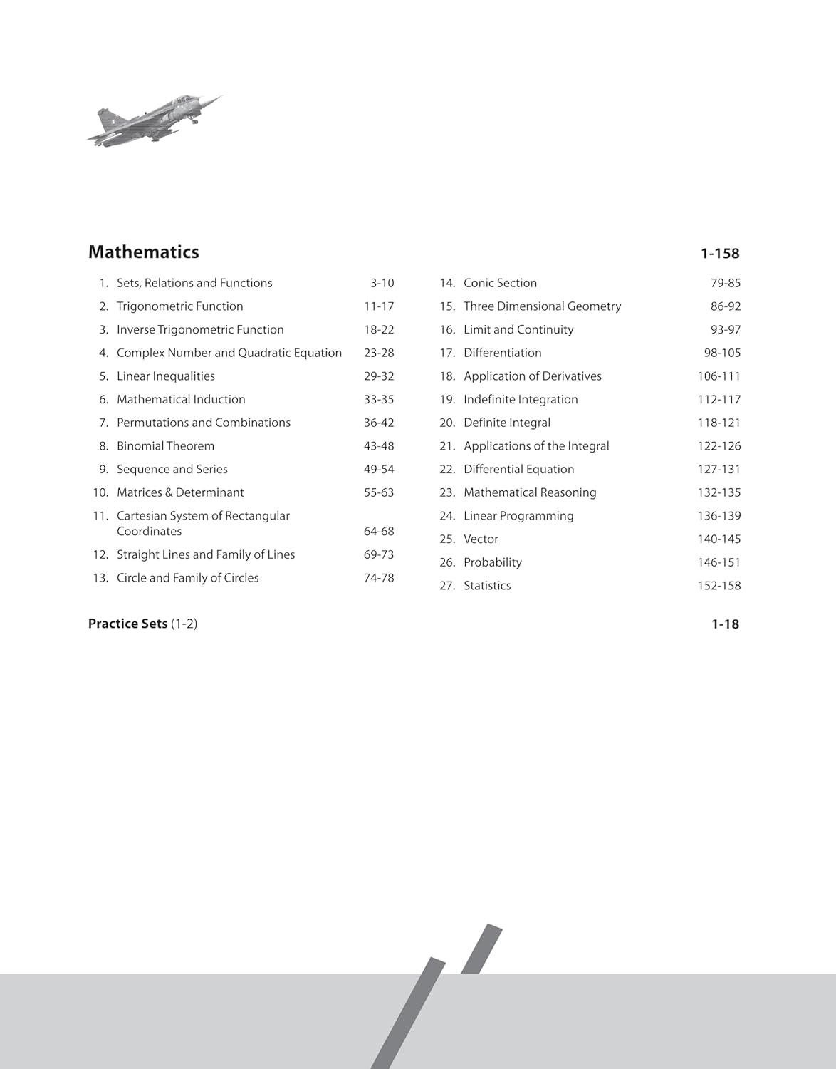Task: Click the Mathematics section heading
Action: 143,252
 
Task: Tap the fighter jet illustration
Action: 155,120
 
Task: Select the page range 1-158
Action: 720,253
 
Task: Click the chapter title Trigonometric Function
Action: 179,306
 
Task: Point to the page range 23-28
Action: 378,353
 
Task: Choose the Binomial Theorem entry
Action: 165,446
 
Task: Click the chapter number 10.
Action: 100,492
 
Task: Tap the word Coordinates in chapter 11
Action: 149,532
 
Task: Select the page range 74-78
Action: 378,578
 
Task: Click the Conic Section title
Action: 500,283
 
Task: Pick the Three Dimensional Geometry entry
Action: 542,306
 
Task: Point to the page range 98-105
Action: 722,353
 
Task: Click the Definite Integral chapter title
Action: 506,423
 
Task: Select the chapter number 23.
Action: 446,492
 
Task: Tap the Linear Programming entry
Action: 518,516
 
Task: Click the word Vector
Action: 481,539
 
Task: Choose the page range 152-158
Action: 719,586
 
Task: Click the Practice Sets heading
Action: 127,624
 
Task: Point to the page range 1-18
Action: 725,624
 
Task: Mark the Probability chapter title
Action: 492,562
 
